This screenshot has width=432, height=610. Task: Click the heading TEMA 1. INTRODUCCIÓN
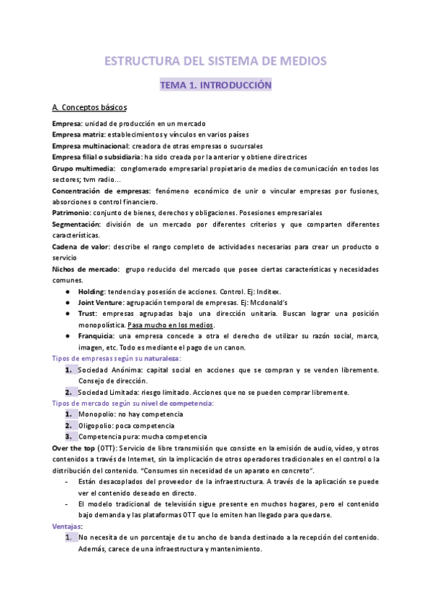215,85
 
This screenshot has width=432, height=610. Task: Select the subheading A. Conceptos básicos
90,108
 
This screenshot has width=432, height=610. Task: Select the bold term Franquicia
96,336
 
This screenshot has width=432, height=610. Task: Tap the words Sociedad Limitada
108,392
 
